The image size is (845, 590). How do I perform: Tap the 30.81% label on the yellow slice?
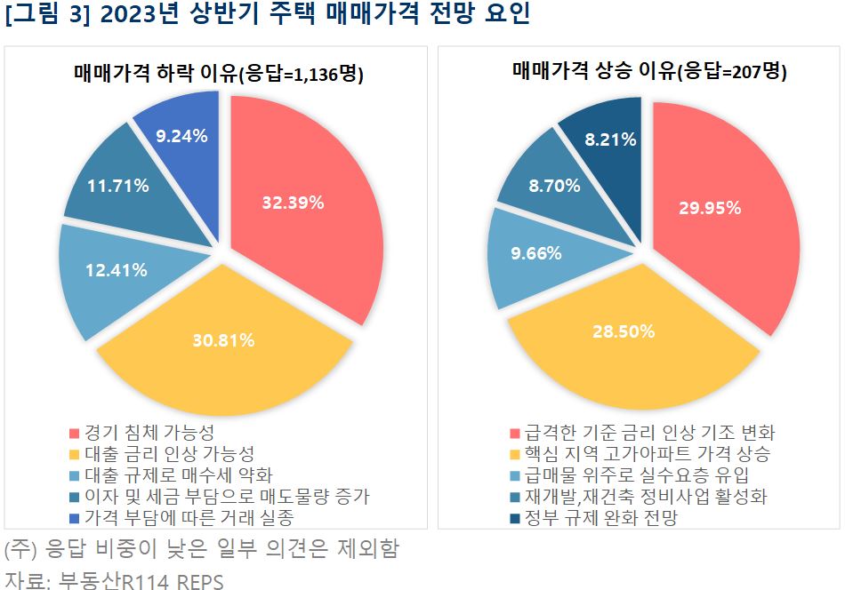(224, 339)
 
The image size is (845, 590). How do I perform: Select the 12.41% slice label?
(117, 270)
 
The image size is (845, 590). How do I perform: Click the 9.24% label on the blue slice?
(181, 136)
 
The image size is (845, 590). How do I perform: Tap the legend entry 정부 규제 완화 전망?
(600, 517)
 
